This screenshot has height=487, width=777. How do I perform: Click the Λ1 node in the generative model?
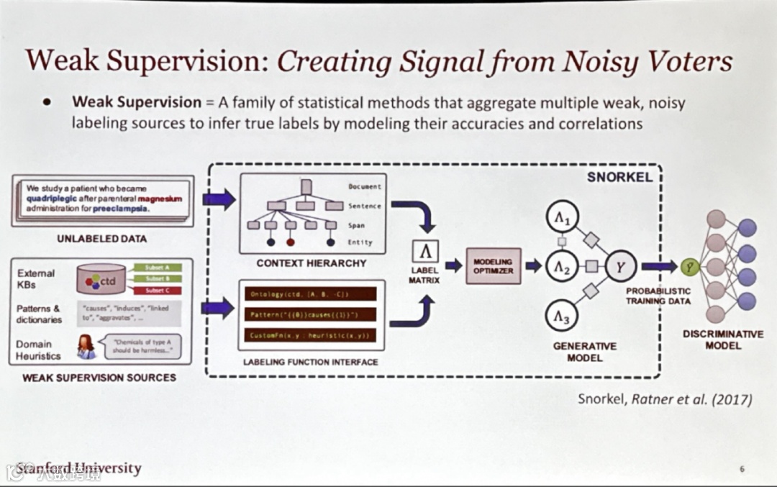click(x=567, y=215)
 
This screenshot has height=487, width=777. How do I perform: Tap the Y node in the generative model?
click(x=619, y=266)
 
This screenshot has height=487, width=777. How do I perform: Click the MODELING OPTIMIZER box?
click(x=493, y=265)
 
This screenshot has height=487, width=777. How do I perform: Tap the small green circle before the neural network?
click(x=690, y=267)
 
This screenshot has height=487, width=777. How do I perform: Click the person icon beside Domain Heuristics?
click(x=86, y=346)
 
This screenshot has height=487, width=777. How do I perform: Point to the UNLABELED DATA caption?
click(x=101, y=238)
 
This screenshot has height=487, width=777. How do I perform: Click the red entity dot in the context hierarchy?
click(x=290, y=242)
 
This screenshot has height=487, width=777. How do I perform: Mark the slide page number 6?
click(x=742, y=469)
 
